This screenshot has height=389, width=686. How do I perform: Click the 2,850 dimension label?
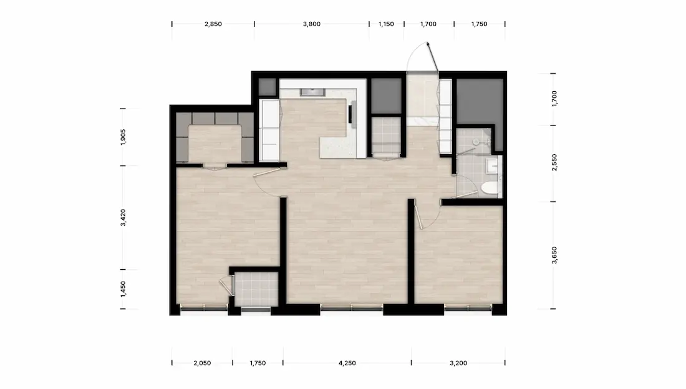click(x=213, y=24)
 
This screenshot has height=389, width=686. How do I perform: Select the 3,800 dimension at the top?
click(x=311, y=24)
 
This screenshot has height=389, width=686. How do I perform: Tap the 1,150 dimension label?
click(x=386, y=24)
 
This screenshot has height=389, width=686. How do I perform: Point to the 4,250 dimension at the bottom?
click(x=347, y=363)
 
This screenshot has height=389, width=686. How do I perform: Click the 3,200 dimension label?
click(x=458, y=363)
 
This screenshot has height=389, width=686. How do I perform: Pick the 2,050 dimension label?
click(x=202, y=363)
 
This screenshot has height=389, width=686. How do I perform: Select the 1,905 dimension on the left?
click(x=123, y=137)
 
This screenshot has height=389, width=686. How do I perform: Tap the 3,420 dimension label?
click(x=123, y=217)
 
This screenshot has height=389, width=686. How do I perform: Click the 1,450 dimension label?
click(x=123, y=289)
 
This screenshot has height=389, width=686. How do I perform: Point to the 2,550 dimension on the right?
click(x=554, y=162)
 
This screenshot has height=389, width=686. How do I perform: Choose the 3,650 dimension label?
click(x=554, y=255)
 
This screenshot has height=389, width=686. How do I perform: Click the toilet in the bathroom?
click(x=490, y=189)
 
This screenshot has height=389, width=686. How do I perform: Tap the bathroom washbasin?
click(x=492, y=166)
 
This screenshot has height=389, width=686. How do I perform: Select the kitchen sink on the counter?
click(x=312, y=92)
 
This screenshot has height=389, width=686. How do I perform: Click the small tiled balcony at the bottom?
click(x=256, y=288)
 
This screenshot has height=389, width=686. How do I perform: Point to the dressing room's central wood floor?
click(x=215, y=143)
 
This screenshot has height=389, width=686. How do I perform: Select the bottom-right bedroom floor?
click(x=458, y=254)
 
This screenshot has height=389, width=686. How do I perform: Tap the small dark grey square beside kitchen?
click(x=268, y=87)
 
